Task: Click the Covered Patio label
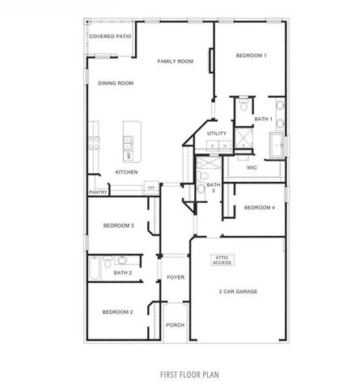110,36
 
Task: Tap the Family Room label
176,61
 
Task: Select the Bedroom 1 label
251,55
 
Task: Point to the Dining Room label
116,83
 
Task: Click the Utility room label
216,133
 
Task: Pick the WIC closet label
252,168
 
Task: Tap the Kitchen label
126,172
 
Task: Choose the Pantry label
98,192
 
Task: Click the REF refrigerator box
150,188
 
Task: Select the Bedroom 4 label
260,208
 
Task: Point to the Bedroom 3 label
118,226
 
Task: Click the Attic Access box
222,259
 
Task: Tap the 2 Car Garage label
237,291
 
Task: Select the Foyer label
176,277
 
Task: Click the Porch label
175,325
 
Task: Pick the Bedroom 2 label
117,311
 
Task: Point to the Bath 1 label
263,119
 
